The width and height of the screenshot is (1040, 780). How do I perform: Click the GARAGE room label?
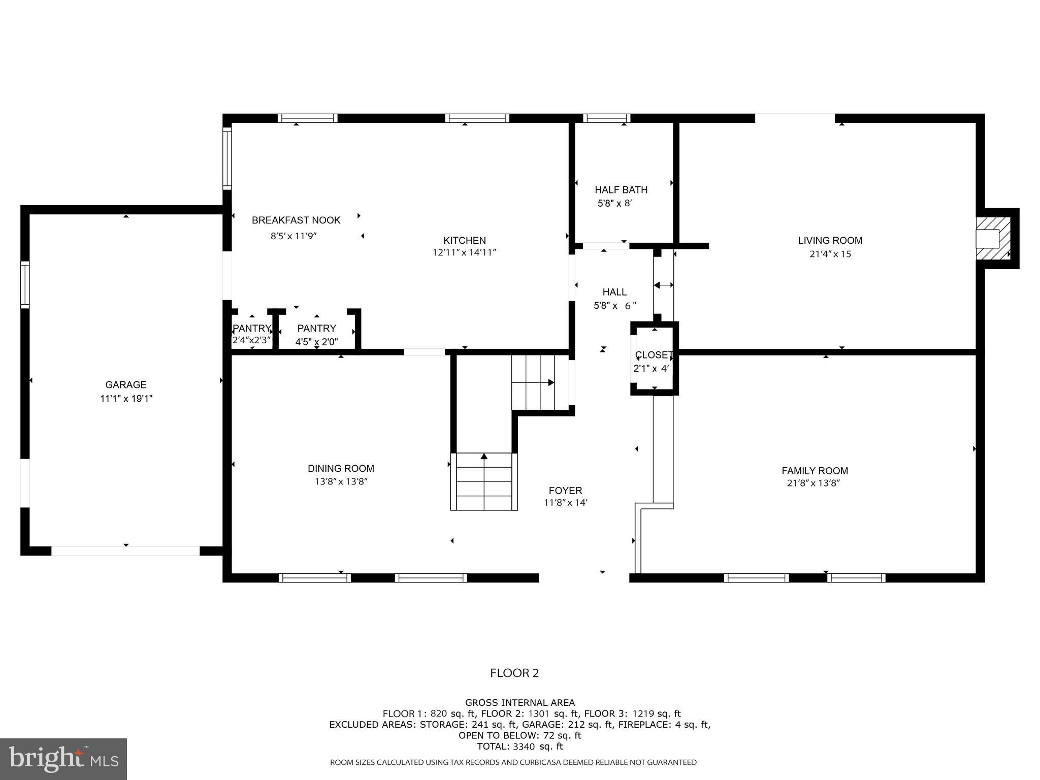tap(126, 385)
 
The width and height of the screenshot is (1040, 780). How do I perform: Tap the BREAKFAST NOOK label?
tap(296, 220)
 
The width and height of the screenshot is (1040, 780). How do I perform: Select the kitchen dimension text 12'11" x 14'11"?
tap(464, 252)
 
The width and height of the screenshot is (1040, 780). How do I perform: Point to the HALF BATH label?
tap(621, 190)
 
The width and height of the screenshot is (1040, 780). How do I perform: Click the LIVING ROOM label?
tap(830, 241)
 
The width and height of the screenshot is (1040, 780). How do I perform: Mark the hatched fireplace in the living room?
tap(993, 239)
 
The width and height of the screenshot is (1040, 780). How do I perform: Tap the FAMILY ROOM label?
tap(815, 471)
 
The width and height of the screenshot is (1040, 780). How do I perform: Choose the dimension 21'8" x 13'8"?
tap(814, 483)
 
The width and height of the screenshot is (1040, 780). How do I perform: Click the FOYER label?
tap(565, 491)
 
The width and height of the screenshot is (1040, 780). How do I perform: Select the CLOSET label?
tap(654, 355)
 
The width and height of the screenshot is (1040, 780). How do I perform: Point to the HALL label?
tap(614, 292)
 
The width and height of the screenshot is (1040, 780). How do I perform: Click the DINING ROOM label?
tap(341, 469)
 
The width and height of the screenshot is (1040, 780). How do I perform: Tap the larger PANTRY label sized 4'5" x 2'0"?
tap(316, 329)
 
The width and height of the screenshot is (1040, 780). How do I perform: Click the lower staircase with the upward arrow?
tap(484, 481)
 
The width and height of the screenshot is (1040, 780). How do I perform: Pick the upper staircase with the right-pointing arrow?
tap(539, 382)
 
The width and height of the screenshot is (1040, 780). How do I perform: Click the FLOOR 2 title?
tap(514, 673)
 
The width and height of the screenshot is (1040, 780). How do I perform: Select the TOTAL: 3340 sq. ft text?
tap(519, 746)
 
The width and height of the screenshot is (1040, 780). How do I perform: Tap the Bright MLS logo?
tap(63, 759)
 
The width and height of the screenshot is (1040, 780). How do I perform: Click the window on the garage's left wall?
tap(25, 284)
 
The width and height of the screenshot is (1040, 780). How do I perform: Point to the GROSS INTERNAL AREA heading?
tap(519, 703)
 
